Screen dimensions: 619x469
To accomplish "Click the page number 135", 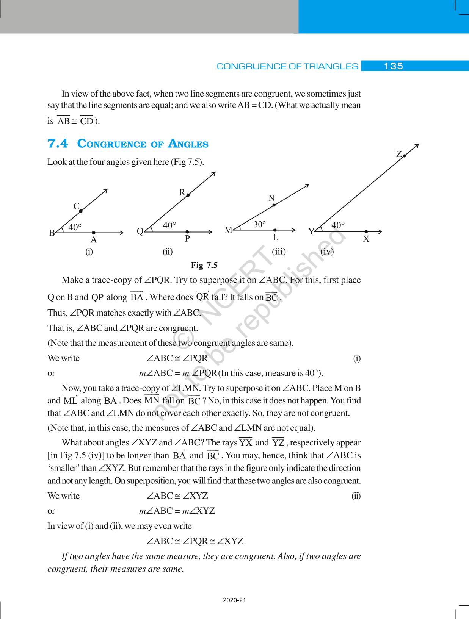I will click(x=393, y=66).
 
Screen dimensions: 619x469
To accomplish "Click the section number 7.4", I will click(x=58, y=144).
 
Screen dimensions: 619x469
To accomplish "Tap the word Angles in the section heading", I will click(x=188, y=144).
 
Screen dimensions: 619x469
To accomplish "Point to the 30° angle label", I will click(x=260, y=224).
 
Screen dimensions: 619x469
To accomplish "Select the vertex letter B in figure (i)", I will click(x=52, y=233).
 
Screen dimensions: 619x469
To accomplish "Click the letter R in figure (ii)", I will click(x=182, y=192).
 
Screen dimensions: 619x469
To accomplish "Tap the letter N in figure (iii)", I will click(x=271, y=198).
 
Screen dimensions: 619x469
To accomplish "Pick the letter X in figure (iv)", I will click(x=366, y=239).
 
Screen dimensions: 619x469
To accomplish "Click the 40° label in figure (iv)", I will click(x=338, y=225).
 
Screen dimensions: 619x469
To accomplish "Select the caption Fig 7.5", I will click(x=204, y=265).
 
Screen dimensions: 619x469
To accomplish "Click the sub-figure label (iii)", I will click(x=279, y=252).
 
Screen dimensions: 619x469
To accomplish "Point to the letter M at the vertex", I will click(x=228, y=230).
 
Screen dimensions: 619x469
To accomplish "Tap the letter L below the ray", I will click(x=276, y=238).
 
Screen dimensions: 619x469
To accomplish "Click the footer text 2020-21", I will click(x=234, y=600).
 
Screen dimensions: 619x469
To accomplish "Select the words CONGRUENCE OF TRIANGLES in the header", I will click(x=287, y=66).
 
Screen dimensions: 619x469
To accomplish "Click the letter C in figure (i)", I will click(x=76, y=206).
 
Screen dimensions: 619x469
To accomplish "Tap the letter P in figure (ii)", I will click(x=187, y=239).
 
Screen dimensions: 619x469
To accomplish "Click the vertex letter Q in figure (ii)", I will click(x=140, y=231).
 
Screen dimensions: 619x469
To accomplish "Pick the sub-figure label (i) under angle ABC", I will click(x=89, y=252).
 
